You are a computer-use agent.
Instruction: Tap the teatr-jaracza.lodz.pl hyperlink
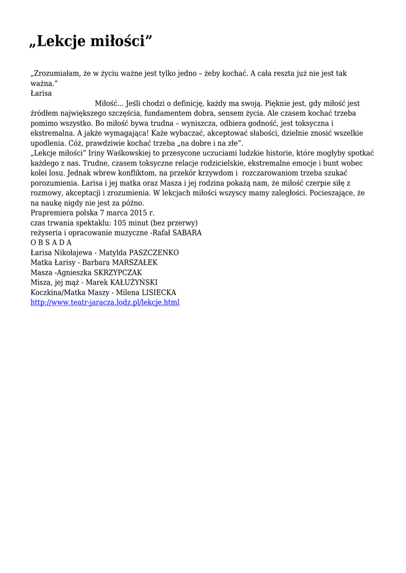coord(105,303)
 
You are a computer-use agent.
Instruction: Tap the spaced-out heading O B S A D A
coord(51,243)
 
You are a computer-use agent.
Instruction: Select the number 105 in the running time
coord(120,223)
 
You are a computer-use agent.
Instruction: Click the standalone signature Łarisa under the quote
coord(41,93)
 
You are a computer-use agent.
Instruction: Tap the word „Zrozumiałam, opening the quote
coord(56,73)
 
